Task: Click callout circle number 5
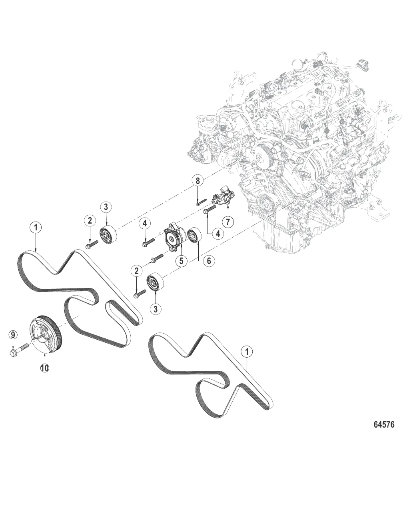[x=181, y=261]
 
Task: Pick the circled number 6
[x=209, y=261]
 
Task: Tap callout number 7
[x=228, y=222]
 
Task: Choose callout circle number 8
[x=197, y=181]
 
